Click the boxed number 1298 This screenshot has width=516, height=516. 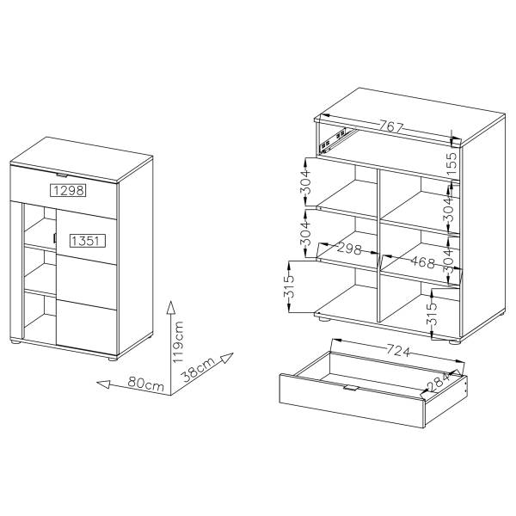[x=68, y=190]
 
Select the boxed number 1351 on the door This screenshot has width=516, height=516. [x=87, y=241]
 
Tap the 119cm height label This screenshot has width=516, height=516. [x=178, y=342]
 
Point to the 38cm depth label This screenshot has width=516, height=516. [x=199, y=369]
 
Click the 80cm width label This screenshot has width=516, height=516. [x=146, y=384]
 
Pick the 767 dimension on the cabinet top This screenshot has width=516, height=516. [x=391, y=126]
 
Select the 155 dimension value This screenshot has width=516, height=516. [x=453, y=163]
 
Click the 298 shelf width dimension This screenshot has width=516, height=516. [x=349, y=249]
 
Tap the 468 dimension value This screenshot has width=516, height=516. [x=423, y=262]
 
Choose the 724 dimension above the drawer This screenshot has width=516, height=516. [x=398, y=351]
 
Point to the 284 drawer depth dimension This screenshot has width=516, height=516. [x=439, y=382]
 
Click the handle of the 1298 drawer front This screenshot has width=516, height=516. [x=62, y=175]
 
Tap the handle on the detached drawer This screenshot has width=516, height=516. [x=350, y=389]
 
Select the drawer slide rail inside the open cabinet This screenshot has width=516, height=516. [x=336, y=140]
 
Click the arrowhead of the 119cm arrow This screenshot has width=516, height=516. [x=170, y=307]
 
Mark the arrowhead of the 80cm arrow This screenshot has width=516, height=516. [x=103, y=384]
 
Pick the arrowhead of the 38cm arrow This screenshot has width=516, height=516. [x=227, y=358]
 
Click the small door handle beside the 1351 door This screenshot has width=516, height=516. [x=54, y=238]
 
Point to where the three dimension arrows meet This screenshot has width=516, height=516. [x=171, y=395]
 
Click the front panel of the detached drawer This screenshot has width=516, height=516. [x=352, y=401]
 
